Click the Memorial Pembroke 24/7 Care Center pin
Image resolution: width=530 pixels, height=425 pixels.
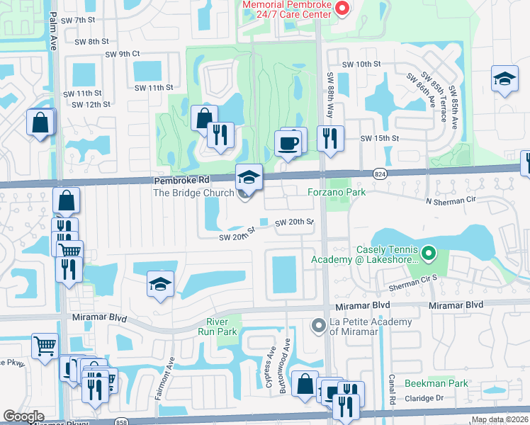342,8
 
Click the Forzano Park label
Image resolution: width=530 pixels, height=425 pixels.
335,192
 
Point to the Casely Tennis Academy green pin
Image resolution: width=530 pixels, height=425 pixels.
428,252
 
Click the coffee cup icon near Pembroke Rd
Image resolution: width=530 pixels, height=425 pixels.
289,142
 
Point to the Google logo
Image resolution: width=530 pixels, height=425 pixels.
23,416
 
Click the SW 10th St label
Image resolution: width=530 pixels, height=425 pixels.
361,64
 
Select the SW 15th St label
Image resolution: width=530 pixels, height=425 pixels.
376,138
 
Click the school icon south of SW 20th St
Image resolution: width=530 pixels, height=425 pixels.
160,285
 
